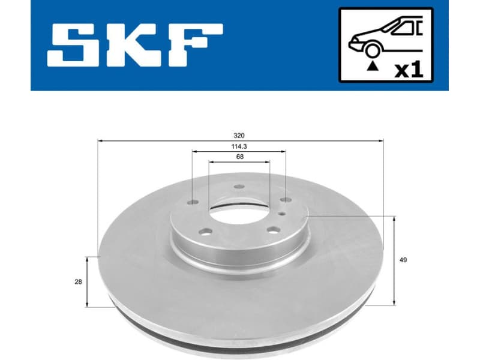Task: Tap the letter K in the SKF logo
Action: [134, 45]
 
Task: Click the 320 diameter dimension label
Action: [240, 136]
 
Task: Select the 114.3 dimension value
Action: [239, 146]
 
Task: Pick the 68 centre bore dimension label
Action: [239, 157]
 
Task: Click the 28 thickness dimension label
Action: [79, 281]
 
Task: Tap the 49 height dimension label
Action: [403, 260]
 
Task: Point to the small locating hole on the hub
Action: [281, 205]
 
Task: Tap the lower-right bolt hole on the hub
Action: [272, 229]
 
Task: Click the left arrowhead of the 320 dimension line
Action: [100, 140]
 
